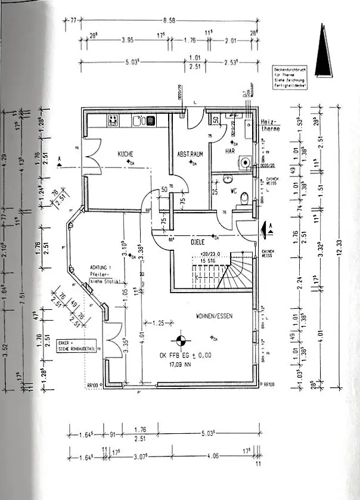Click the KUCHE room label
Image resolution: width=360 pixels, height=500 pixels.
(x=126, y=154)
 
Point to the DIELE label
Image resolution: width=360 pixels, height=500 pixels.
(x=198, y=243)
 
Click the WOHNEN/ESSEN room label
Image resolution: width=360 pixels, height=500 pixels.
(x=211, y=316)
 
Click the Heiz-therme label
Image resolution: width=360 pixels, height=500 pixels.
(x=271, y=125)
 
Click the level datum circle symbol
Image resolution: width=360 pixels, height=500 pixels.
(x=178, y=341)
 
